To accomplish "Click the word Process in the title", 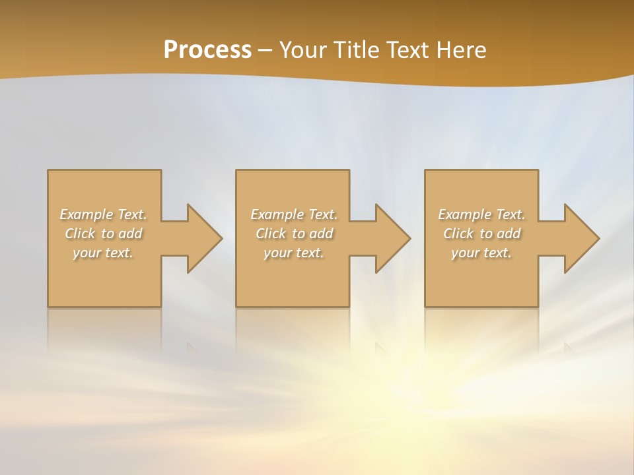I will click(207, 50).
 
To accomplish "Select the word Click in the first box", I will click(79, 234).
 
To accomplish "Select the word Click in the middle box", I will click(270, 234).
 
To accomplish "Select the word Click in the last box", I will click(458, 234).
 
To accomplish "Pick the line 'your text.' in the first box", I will click(103, 253).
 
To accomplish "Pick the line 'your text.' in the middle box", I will click(294, 253).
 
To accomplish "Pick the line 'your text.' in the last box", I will click(481, 253).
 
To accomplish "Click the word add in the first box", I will click(131, 234).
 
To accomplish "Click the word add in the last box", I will click(509, 234).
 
